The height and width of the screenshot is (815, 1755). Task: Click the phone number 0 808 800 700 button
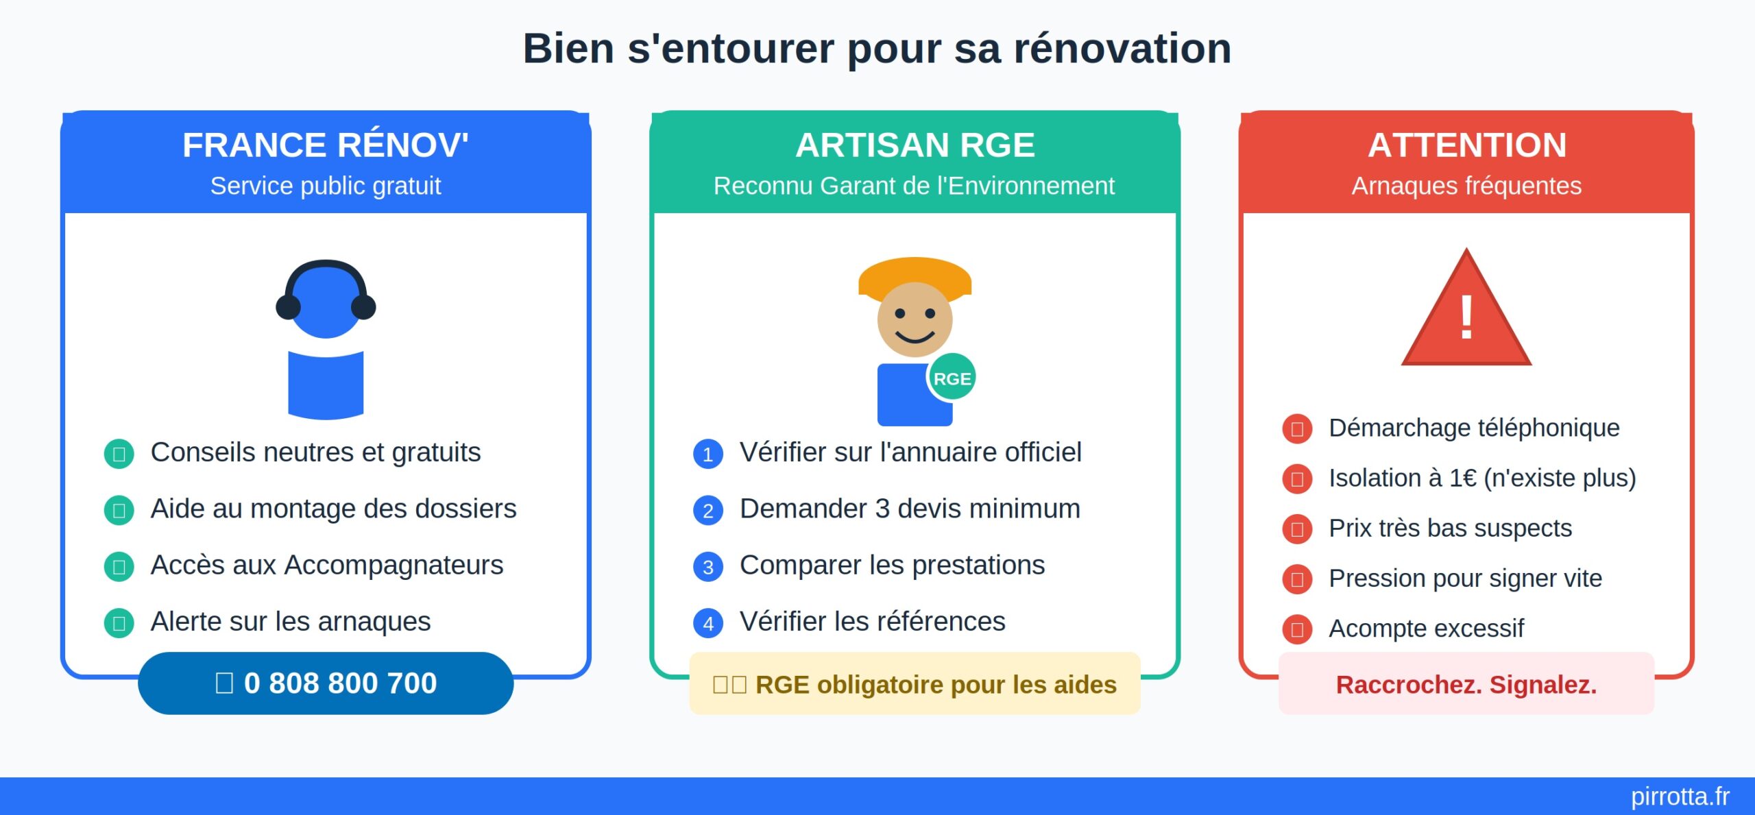point(326,683)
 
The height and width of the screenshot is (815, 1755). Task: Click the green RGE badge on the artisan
point(952,378)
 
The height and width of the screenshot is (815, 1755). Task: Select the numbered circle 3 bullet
point(707,567)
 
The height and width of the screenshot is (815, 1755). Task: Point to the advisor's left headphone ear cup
point(288,306)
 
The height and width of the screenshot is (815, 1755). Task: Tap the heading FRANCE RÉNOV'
point(326,145)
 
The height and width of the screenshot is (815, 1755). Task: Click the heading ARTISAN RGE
point(915,145)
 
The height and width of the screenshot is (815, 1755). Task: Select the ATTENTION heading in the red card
point(1466,145)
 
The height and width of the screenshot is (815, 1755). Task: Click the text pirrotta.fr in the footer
point(1680,796)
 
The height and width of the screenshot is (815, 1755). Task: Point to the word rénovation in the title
point(1122,49)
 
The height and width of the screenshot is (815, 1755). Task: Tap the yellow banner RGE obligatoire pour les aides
point(915,684)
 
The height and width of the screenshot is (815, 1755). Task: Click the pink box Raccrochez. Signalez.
point(1466,684)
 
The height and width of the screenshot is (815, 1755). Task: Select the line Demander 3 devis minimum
point(910,509)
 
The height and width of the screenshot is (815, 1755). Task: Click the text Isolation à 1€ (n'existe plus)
point(1481,478)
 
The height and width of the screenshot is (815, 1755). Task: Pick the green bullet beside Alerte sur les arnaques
point(119,623)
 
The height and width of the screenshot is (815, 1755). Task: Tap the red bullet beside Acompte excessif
point(1297,629)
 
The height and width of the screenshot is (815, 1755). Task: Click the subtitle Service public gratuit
point(326,186)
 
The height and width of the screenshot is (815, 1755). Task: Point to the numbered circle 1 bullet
point(707,454)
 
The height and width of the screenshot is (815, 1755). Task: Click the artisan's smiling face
point(915,319)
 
